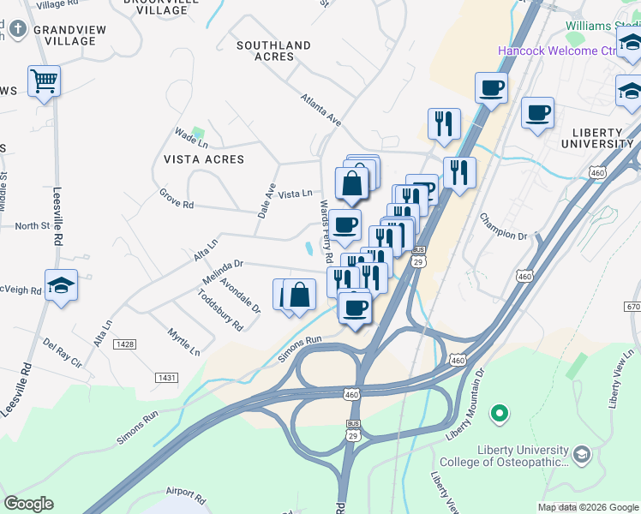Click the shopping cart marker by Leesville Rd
44,81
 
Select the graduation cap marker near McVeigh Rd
62,286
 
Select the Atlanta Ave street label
320,111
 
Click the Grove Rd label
177,199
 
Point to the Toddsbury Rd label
220,309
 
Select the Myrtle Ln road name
183,342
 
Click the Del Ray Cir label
62,353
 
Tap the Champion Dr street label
503,227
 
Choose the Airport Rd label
187,496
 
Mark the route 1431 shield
167,377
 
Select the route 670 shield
632,307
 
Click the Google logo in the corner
28,504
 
